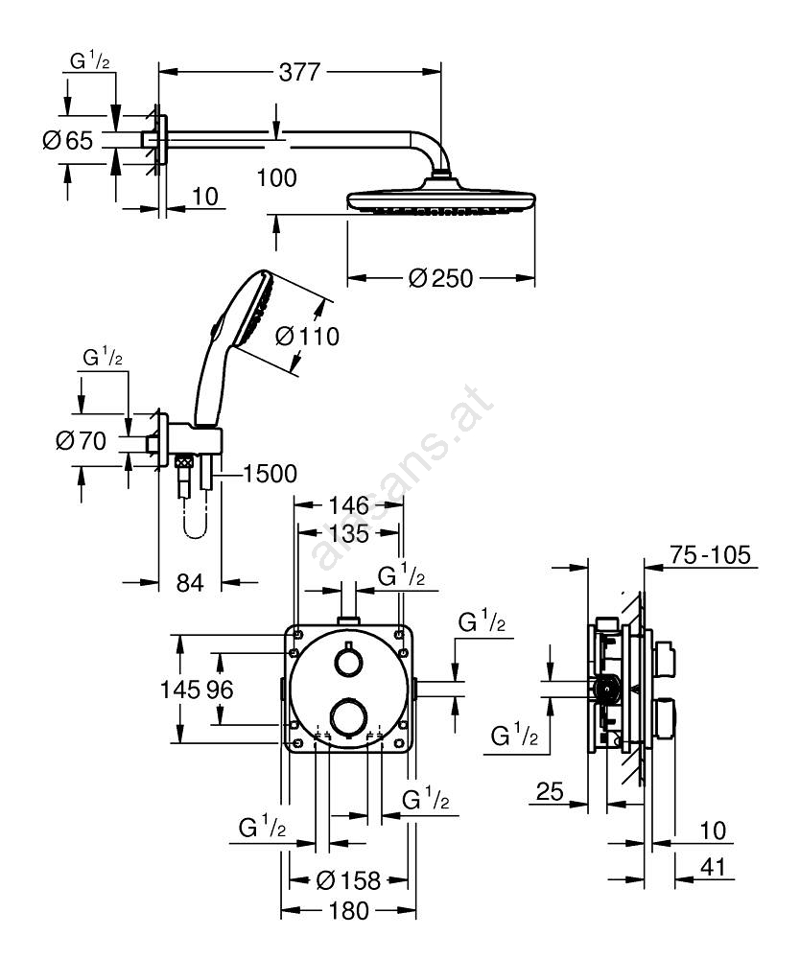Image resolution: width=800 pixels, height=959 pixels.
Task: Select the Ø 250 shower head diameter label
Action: point(440,278)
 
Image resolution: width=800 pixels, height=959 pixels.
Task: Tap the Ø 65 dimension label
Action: point(68,142)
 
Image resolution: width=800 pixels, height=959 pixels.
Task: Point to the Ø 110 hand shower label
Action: point(307,337)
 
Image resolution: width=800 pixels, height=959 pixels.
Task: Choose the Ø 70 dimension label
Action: point(80,441)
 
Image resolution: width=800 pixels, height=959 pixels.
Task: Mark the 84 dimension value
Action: point(190,581)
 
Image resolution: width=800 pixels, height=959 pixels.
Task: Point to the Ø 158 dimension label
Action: point(348,878)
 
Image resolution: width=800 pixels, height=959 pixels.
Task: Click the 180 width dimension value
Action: point(348,910)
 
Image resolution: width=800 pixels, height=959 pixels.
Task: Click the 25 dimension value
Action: point(550,792)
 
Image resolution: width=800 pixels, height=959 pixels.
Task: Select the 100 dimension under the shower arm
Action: point(277,176)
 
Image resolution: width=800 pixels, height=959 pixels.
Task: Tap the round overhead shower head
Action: point(440,199)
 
